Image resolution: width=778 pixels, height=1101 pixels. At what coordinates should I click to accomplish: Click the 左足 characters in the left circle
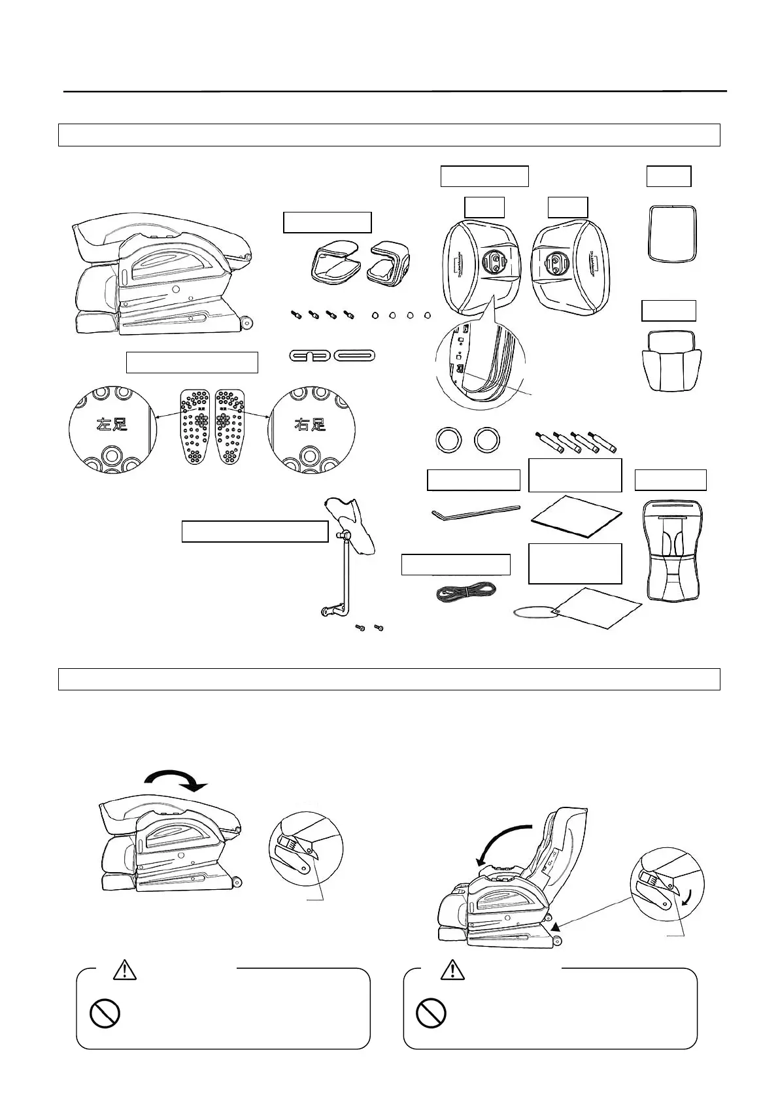[x=112, y=424]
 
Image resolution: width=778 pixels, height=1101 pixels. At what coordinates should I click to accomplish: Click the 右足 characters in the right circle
[x=309, y=424]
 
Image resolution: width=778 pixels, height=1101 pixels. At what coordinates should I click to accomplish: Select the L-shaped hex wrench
[x=475, y=512]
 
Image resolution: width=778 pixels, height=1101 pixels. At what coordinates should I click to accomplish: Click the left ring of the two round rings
[x=448, y=440]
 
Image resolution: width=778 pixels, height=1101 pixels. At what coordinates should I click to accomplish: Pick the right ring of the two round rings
[x=488, y=440]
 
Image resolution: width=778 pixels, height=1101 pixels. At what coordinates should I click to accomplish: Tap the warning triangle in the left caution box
[x=124, y=970]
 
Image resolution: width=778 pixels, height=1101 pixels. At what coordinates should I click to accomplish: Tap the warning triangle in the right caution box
[x=451, y=970]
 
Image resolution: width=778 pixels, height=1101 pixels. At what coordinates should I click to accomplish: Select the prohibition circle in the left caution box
[x=105, y=1013]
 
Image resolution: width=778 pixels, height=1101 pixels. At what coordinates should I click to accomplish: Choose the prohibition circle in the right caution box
[x=431, y=1013]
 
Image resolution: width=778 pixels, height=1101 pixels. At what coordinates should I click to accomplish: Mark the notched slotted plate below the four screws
[x=309, y=356]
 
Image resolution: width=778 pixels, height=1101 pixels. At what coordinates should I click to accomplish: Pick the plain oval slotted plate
[x=355, y=356]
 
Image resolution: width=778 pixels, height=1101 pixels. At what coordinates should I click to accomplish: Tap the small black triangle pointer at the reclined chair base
[x=555, y=926]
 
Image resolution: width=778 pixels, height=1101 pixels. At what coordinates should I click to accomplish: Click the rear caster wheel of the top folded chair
[x=246, y=322]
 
